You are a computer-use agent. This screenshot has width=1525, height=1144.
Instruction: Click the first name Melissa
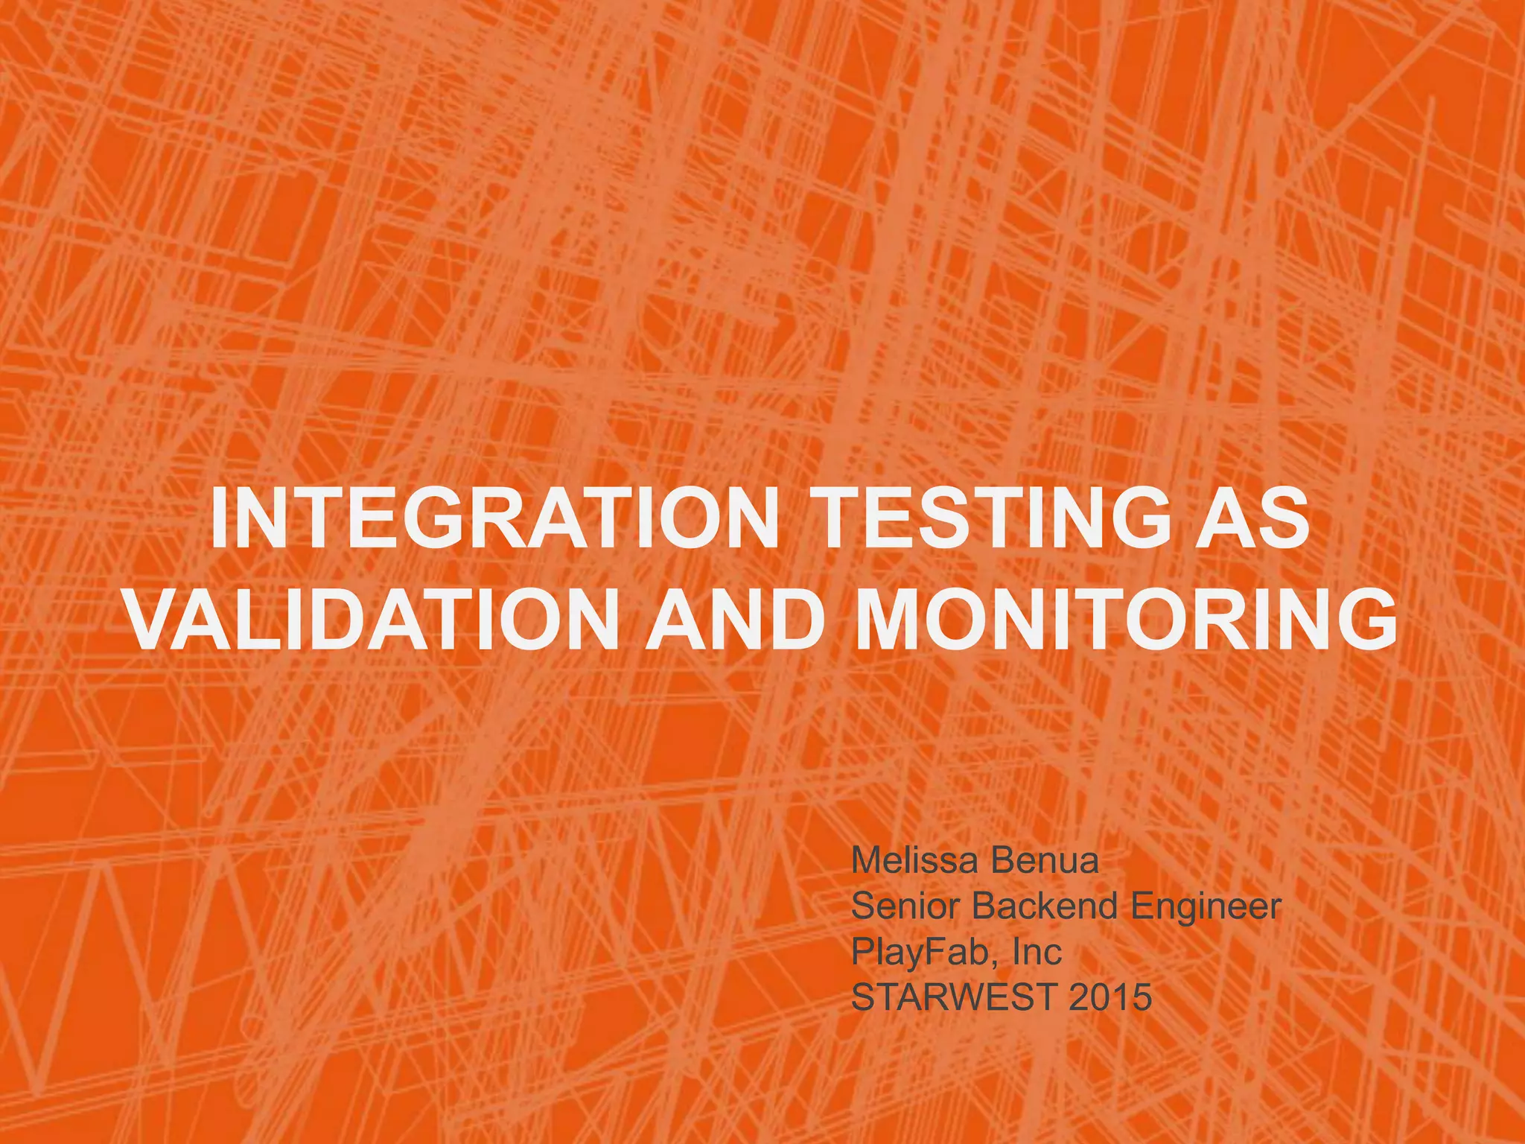(x=913, y=861)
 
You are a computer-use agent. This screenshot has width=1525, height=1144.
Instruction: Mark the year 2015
(x=1109, y=997)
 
